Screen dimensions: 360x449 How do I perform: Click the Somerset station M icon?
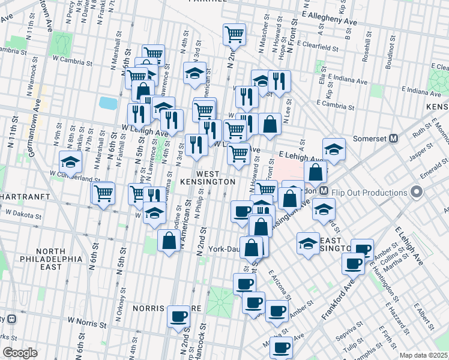(394, 138)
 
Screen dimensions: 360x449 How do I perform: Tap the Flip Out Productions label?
(371, 193)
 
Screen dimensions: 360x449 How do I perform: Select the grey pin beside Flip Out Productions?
(416, 193)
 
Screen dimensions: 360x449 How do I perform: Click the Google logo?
(20, 353)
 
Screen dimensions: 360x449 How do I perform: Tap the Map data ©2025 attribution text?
(423, 355)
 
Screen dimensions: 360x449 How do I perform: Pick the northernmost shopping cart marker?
(234, 34)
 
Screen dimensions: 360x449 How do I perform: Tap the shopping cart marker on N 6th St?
(103, 193)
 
